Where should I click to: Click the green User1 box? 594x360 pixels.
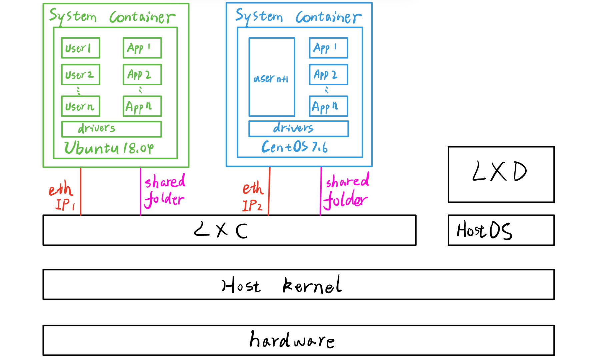click(x=80, y=48)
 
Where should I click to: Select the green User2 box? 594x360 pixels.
click(x=80, y=75)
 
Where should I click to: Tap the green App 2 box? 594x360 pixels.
click(x=142, y=75)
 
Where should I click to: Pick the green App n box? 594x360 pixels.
click(x=142, y=106)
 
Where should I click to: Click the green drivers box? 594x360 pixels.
click(x=111, y=129)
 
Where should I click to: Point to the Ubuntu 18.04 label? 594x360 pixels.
click(x=109, y=148)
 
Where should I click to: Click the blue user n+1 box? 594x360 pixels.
click(x=272, y=77)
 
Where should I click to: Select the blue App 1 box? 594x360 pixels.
click(x=328, y=48)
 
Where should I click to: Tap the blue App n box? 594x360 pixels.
click(x=328, y=106)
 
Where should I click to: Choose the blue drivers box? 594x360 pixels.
click(x=298, y=129)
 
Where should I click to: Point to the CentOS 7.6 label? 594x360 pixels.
click(x=294, y=147)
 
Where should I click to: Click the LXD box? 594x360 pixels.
click(x=501, y=174)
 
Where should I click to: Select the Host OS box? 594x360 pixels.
click(x=501, y=230)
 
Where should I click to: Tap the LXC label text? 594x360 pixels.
click(x=221, y=230)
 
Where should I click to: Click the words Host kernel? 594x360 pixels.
click(x=282, y=285)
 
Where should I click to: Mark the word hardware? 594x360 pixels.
click(x=292, y=340)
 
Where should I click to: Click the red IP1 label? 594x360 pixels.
click(x=65, y=205)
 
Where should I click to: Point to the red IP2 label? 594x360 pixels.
click(x=252, y=206)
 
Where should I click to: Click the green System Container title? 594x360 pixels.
click(x=112, y=17)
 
